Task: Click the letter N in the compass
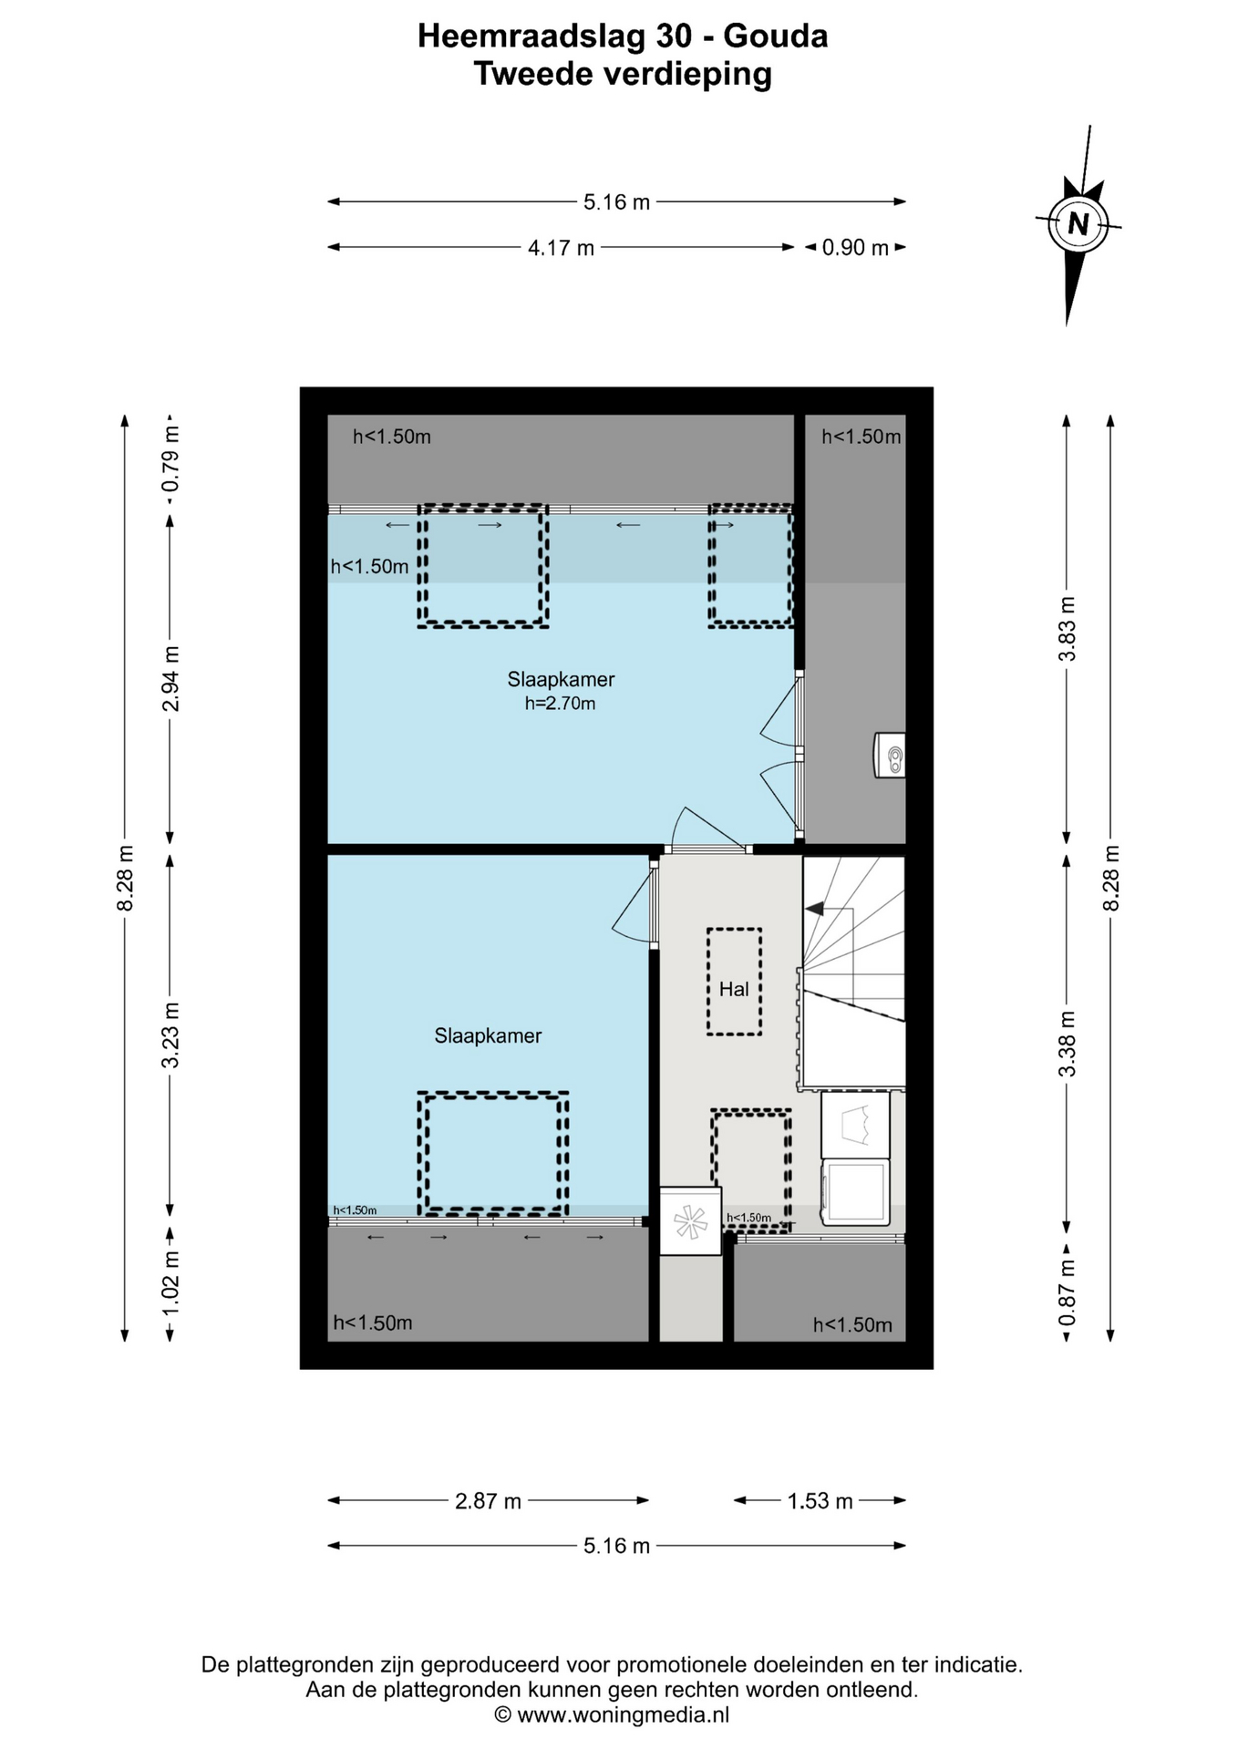[1078, 223]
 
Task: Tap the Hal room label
[734, 989]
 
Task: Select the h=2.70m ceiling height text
[560, 703]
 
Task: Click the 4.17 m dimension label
[561, 248]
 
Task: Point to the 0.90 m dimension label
[855, 248]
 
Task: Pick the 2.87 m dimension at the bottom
[488, 1501]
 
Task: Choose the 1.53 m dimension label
[820, 1501]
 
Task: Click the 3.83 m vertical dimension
[1067, 629]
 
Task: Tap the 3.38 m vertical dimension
[1067, 1044]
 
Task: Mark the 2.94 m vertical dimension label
[170, 679]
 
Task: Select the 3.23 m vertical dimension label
[170, 1035]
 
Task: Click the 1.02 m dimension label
[170, 1283]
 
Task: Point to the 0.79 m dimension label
[170, 459]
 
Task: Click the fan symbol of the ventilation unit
[690, 1221]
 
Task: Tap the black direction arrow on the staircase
[814, 909]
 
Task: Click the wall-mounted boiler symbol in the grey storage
[890, 756]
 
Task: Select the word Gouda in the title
[775, 36]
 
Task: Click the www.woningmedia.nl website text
[624, 1715]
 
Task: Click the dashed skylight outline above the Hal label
[734, 930]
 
